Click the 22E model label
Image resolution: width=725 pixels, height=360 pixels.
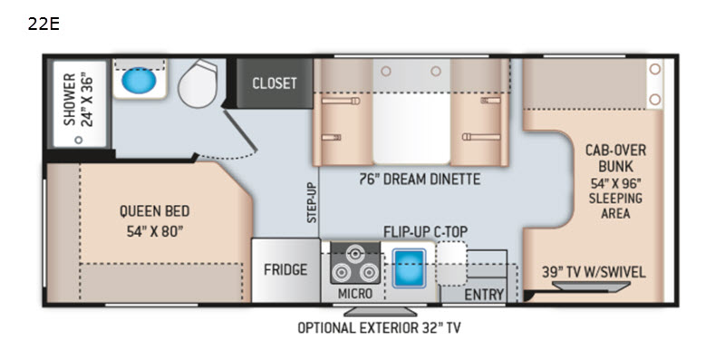click(43, 24)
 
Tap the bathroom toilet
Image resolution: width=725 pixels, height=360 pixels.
click(198, 83)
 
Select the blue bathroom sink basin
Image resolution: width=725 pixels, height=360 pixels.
click(139, 81)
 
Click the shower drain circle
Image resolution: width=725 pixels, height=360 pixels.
click(79, 140)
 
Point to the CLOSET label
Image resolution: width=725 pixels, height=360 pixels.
click(275, 83)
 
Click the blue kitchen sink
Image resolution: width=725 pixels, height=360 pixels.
click(409, 268)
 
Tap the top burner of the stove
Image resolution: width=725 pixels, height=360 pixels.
click(355, 254)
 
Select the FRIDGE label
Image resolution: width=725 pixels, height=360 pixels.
click(285, 269)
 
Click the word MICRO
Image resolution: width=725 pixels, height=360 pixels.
click(354, 294)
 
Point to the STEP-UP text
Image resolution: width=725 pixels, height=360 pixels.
click(313, 203)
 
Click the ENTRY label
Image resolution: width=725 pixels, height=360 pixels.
click(484, 295)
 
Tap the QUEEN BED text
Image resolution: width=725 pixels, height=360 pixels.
click(154, 211)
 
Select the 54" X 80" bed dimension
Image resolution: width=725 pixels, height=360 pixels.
click(152, 231)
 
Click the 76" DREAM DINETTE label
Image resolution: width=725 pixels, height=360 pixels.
click(420, 179)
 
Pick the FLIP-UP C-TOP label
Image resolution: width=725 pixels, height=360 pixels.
click(425, 230)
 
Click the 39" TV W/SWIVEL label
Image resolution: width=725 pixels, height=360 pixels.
click(594, 272)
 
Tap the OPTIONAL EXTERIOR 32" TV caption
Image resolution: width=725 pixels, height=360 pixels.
click(379, 328)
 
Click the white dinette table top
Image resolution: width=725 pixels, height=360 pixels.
click(411, 128)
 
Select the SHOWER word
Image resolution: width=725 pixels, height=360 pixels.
click(70, 100)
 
